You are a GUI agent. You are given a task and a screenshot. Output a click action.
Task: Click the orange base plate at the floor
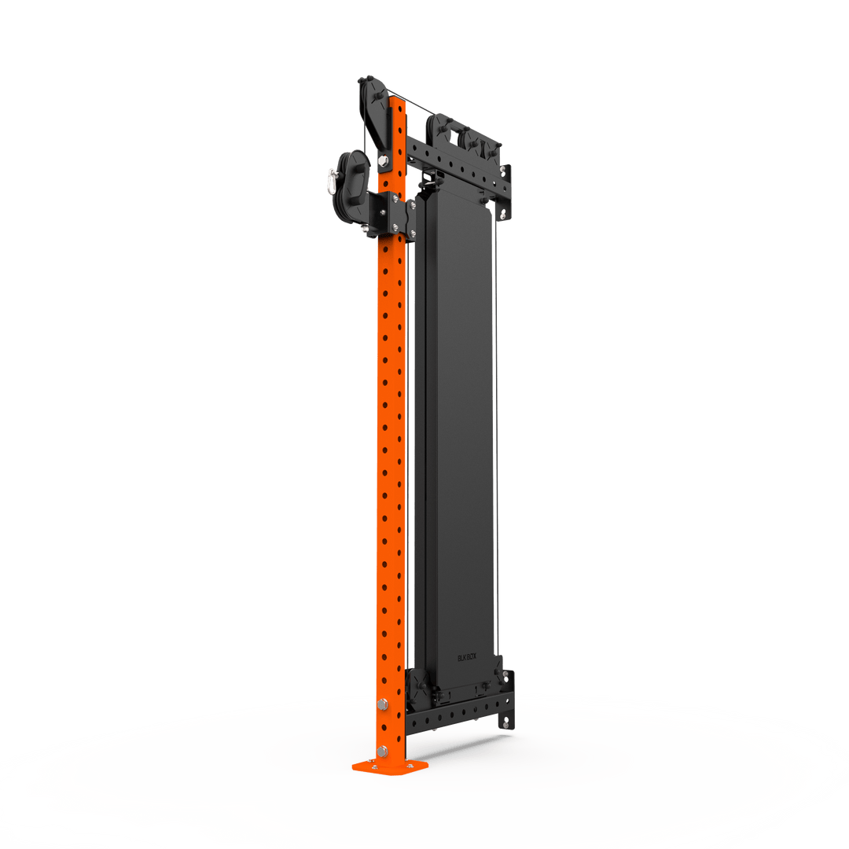(390, 765)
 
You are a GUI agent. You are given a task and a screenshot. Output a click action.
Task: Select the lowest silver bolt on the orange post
(382, 751)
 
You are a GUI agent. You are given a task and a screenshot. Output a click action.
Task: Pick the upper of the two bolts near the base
(383, 704)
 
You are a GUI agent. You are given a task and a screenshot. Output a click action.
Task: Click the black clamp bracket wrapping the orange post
(393, 214)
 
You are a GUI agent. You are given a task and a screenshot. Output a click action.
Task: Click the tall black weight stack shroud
(456, 432)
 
